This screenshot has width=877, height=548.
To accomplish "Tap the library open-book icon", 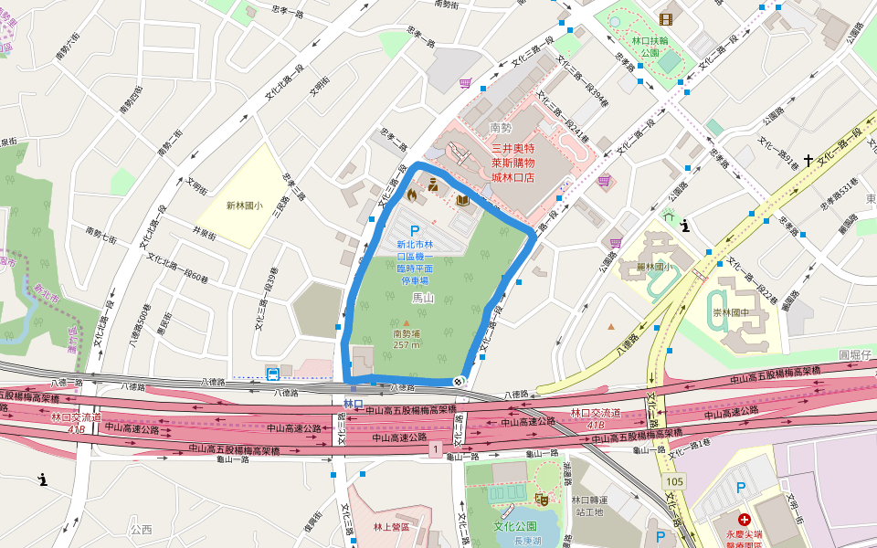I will pyautogui.click(x=463, y=200).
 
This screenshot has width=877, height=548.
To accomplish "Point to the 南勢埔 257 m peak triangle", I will pyautogui.click(x=407, y=323).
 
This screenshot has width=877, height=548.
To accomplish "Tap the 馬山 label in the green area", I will pyautogui.click(x=422, y=298).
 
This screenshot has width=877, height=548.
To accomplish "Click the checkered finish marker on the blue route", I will pyautogui.click(x=459, y=381).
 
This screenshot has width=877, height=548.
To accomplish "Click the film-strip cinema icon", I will pyautogui.click(x=665, y=19).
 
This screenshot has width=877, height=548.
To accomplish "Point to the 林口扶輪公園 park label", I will pyautogui.click(x=650, y=47).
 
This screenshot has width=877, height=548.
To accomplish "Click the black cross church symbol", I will pyautogui.click(x=808, y=161).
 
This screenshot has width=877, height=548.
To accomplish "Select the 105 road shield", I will pyautogui.click(x=675, y=481).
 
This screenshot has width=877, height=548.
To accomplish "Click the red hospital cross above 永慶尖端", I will pyautogui.click(x=745, y=519).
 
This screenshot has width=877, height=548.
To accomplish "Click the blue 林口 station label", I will pyautogui.click(x=354, y=404).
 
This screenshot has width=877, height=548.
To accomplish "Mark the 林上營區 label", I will pyautogui.click(x=392, y=527).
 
